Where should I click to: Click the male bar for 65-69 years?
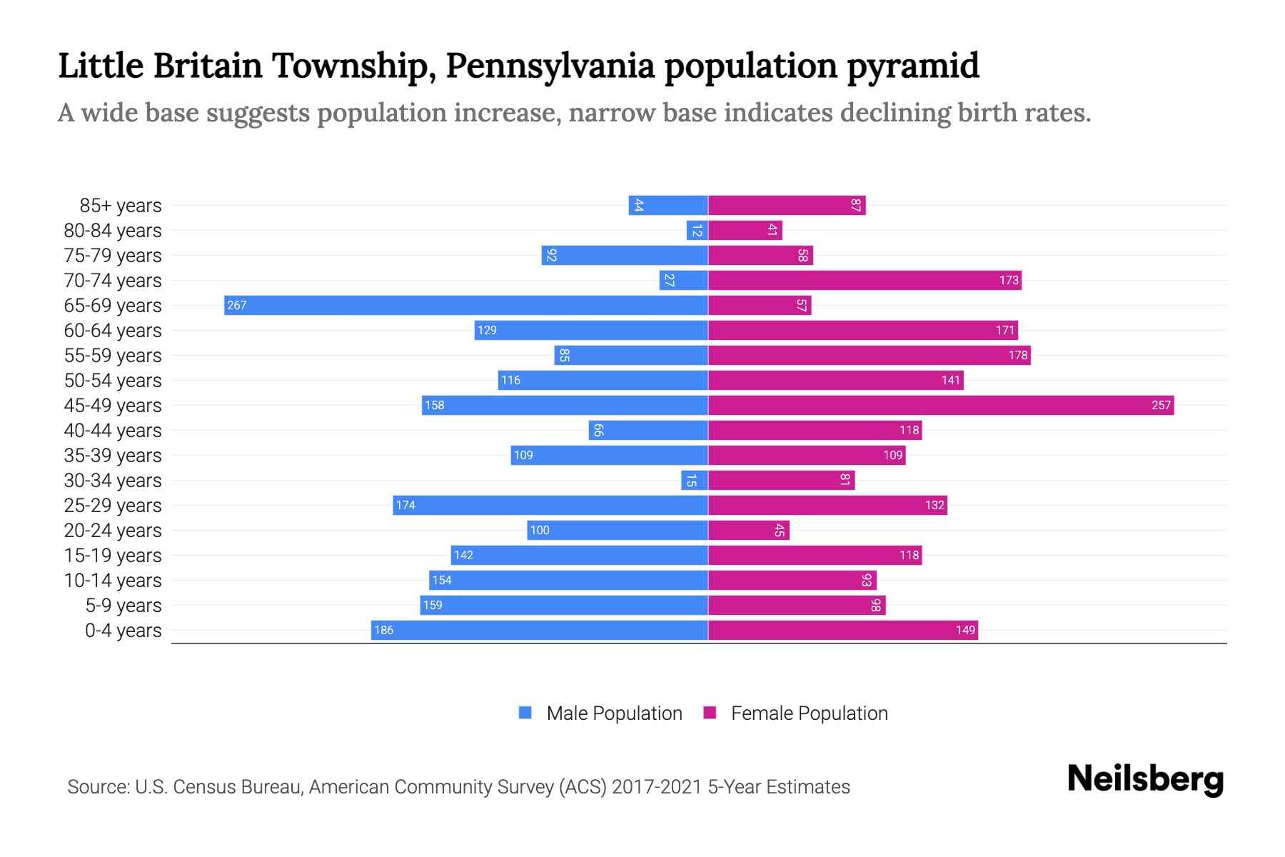tap(465, 306)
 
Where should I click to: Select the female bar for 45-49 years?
tap(941, 406)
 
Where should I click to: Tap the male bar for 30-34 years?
tap(695, 481)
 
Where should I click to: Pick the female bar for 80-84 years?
tap(745, 231)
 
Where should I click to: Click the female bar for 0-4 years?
tap(843, 631)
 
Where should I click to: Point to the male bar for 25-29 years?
tap(550, 506)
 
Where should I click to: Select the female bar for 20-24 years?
tap(749, 531)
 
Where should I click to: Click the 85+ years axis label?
tap(121, 206)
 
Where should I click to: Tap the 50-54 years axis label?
tap(113, 381)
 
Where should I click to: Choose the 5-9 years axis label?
tap(124, 606)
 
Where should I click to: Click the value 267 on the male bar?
tap(236, 306)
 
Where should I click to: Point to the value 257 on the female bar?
tap(1161, 406)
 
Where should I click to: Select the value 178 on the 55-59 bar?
tap(1018, 356)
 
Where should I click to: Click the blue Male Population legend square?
tap(525, 713)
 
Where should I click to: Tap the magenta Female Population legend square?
tap(710, 713)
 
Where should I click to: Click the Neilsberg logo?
tap(1145, 779)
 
